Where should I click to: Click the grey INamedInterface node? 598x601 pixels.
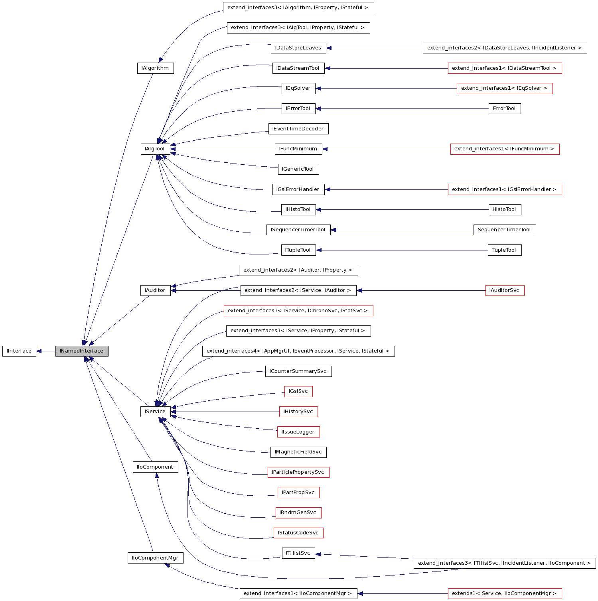tap(82, 351)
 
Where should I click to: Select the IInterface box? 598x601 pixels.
tap(19, 351)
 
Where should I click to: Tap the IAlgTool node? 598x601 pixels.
tap(155, 149)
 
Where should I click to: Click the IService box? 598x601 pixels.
tap(155, 412)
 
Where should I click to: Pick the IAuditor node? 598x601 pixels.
tap(155, 290)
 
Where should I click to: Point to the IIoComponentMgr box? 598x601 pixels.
tap(155, 558)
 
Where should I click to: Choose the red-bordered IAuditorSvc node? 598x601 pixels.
tap(505, 290)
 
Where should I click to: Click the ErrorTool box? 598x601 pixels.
tap(505, 108)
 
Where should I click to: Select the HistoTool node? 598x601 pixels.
tap(505, 209)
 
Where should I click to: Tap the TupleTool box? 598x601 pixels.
tap(505, 250)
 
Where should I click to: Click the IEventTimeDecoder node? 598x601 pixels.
tap(298, 129)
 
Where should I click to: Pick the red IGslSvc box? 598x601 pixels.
tap(298, 391)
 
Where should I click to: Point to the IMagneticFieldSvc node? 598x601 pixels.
tap(298, 452)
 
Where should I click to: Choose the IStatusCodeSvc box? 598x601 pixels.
tap(298, 533)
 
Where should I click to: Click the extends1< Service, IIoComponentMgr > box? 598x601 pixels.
tap(505, 593)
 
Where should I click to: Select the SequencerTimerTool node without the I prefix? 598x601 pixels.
tap(505, 230)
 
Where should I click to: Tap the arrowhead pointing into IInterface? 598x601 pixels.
tap(39, 351)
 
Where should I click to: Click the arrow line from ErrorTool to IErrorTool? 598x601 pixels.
tap(399, 108)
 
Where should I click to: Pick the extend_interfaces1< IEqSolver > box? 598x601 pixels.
tap(505, 88)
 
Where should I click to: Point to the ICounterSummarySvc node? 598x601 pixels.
tap(298, 371)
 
